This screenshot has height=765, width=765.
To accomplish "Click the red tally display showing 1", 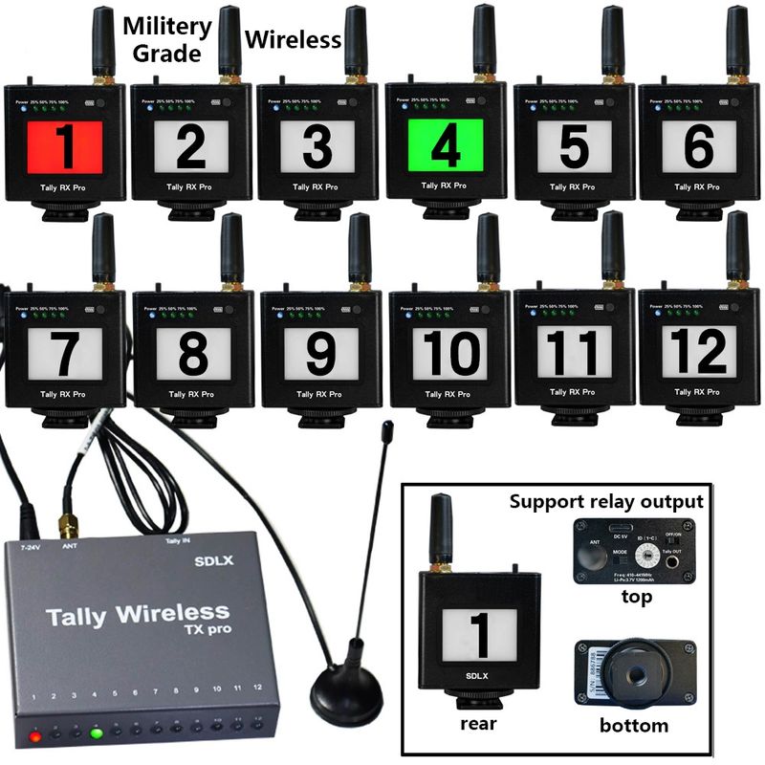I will click(x=65, y=146).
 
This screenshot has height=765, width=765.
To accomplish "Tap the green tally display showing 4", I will click(x=445, y=146).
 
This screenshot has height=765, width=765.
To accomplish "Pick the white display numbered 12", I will click(x=698, y=352).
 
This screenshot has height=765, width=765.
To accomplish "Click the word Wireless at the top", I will click(x=294, y=39).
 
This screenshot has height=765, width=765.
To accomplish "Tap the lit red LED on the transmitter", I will click(x=35, y=736).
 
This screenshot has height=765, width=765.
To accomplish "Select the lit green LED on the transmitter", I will click(x=97, y=734).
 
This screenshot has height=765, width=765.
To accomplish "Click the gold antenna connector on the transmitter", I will click(x=68, y=525).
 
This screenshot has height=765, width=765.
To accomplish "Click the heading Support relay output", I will click(x=606, y=501).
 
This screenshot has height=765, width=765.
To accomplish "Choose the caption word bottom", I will click(x=633, y=725).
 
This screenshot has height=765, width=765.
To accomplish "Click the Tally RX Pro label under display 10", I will click(x=447, y=394).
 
